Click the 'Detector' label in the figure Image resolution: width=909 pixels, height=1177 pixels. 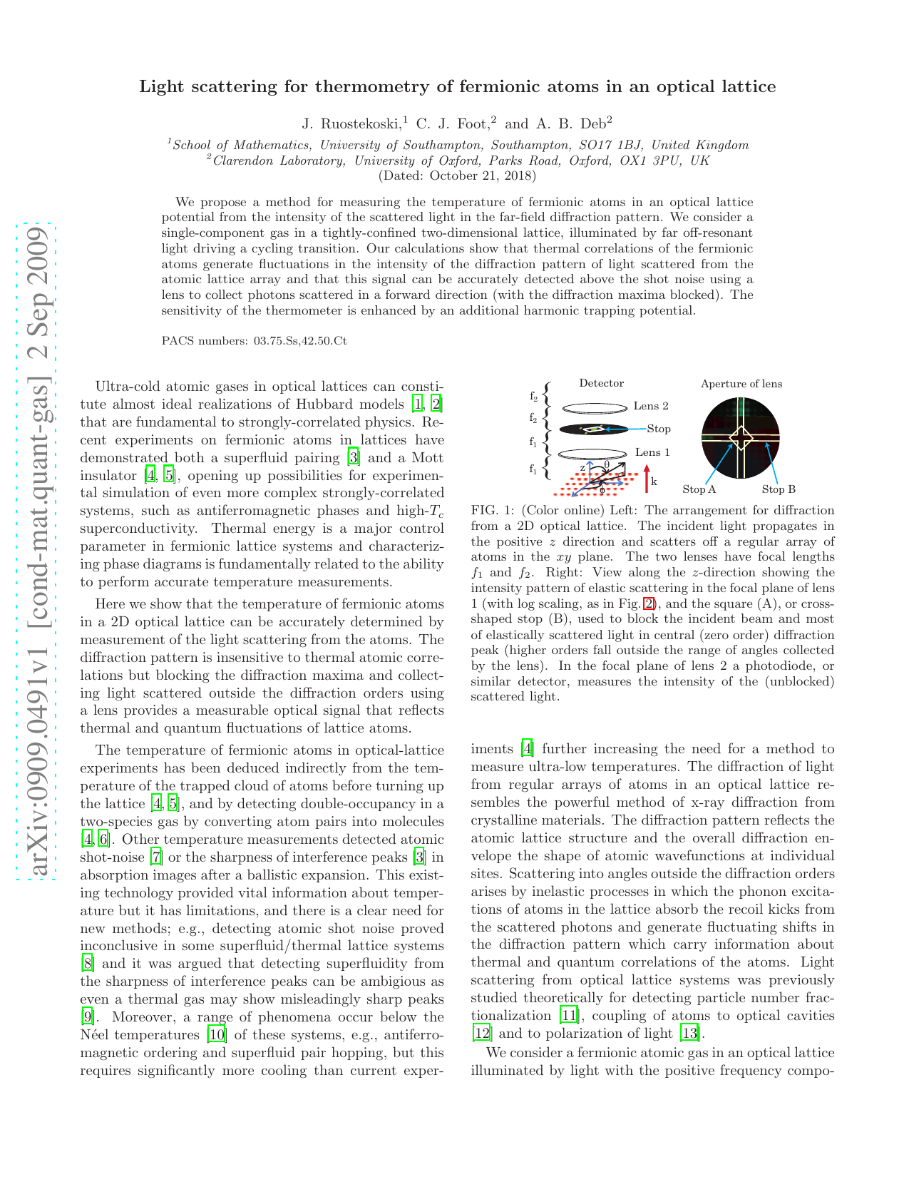click(601, 384)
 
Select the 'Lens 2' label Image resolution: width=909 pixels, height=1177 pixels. click(650, 407)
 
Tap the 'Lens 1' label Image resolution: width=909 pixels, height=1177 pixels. click(652, 452)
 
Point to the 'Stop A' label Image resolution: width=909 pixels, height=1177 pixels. click(699, 489)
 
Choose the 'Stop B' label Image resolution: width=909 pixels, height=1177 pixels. click(778, 489)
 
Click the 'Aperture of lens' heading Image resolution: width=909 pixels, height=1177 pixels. click(741, 384)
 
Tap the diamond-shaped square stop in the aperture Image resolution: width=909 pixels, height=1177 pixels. click(741, 437)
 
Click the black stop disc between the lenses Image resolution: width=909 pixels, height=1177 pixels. click(593, 429)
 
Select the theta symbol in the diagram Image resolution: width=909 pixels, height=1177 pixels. click(607, 465)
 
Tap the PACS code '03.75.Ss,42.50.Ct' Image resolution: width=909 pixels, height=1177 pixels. click(299, 341)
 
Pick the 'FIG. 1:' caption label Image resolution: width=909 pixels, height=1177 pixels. click(492, 511)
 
